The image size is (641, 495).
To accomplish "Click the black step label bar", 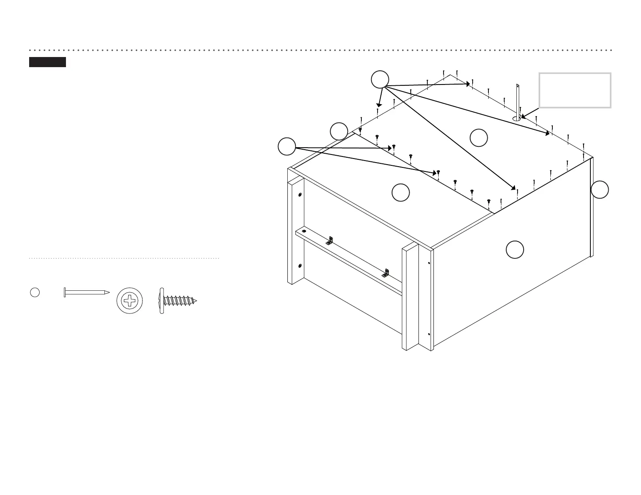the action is coord(47,62).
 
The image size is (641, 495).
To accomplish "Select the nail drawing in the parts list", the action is coord(86,292).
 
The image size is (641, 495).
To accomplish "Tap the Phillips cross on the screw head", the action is coord(129,301).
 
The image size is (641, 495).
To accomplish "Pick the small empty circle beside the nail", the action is coord(35,292).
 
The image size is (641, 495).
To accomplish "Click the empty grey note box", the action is coord(575,90).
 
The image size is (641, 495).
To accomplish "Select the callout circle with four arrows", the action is coord(380,79).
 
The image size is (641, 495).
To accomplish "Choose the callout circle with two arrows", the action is coord(287,146).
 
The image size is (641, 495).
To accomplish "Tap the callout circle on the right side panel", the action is coord(515,250).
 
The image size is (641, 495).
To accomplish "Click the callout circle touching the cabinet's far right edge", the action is coord(600,190).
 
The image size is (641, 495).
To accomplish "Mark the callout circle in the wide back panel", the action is coord(479,137).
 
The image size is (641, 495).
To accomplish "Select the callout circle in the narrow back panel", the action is coord(401,192).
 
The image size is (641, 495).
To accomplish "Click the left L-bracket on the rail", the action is coord(330,241).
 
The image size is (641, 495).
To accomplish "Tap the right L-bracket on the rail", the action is coord(386,273).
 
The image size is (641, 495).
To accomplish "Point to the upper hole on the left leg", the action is coord(299,195).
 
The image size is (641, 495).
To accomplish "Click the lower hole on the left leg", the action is coord(299,266).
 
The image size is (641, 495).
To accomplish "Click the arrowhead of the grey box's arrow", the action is coord(522,117).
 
